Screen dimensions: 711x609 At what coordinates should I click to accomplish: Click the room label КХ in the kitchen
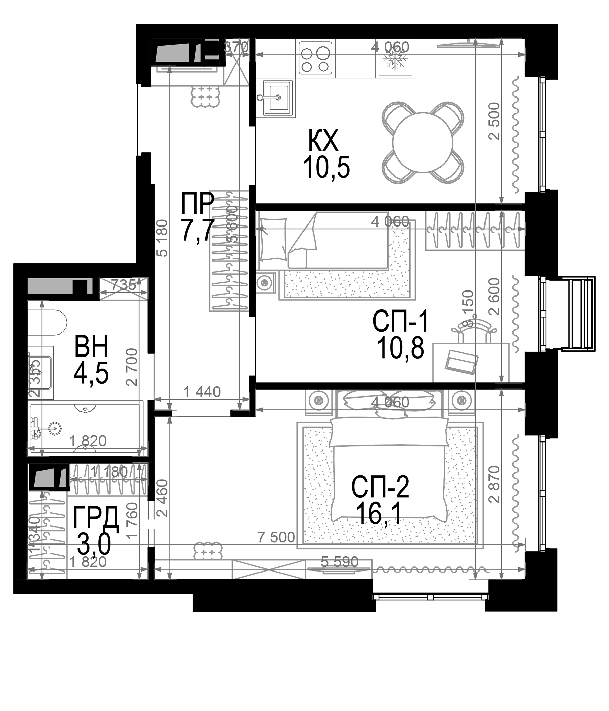pyautogui.click(x=323, y=141)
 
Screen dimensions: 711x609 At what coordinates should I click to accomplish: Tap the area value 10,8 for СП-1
pyautogui.click(x=400, y=348)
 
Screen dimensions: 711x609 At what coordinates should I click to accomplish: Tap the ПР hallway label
pyautogui.click(x=198, y=203)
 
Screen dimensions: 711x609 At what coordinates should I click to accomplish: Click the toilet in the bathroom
pyautogui.click(x=47, y=322)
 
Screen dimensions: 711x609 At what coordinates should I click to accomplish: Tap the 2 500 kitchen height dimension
pyautogui.click(x=494, y=121)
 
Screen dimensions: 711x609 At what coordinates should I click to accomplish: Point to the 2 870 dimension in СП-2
pyautogui.click(x=494, y=484)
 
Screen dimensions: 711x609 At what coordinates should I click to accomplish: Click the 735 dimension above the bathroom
pyautogui.click(x=123, y=285)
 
